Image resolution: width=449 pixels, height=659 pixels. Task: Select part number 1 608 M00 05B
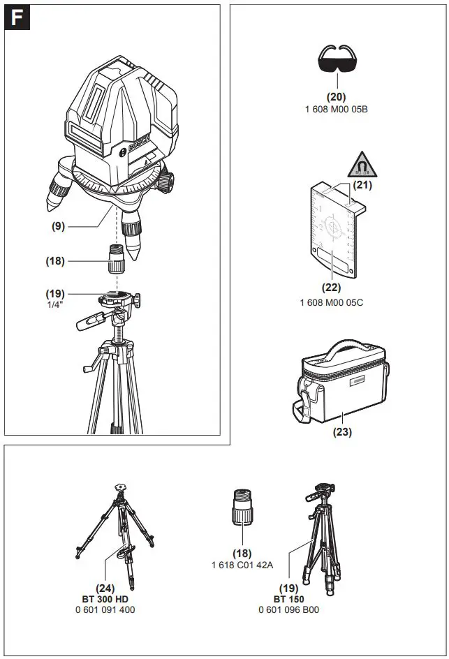[337, 110]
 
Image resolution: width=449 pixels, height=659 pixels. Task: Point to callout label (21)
[361, 185]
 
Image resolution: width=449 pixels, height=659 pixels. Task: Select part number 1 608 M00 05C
[332, 302]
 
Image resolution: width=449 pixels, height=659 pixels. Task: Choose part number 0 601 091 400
[105, 609]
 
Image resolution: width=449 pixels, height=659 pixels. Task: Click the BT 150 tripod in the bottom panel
[323, 531]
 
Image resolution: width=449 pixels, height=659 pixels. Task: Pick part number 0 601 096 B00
[288, 609]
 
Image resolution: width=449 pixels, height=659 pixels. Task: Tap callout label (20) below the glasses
[337, 97]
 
